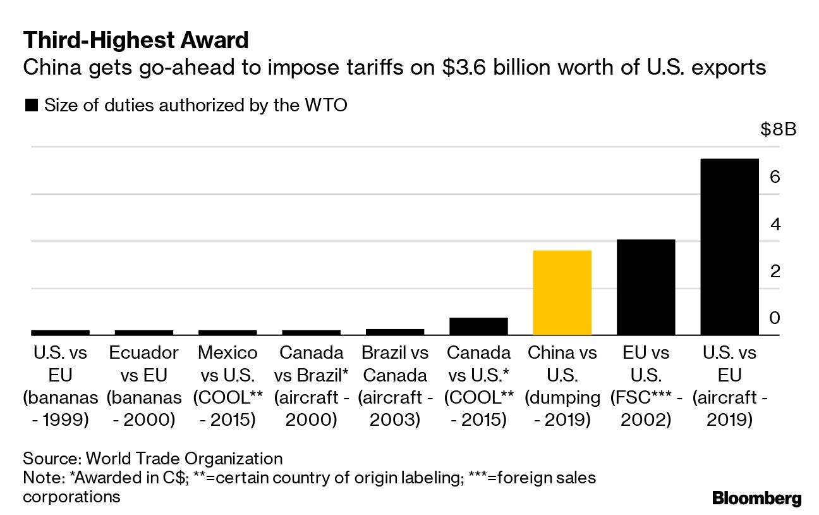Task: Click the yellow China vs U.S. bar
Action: [x=562, y=293]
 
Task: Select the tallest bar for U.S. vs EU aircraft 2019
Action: [x=730, y=247]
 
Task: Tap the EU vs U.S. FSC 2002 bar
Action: [x=646, y=287]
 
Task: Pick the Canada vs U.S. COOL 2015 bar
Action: [x=478, y=326]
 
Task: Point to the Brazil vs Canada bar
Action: [x=395, y=332]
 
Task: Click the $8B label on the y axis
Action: [x=779, y=130]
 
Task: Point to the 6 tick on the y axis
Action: [x=775, y=177]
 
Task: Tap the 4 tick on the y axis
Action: [x=775, y=224]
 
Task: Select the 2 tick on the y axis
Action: [x=775, y=271]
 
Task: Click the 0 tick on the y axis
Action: [x=775, y=318]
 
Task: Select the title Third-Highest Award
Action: [x=136, y=41]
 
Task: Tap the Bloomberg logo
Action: [x=756, y=498]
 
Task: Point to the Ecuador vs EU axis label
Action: [x=143, y=385]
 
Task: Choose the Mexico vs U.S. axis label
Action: [x=227, y=385]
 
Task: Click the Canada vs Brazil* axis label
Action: [x=311, y=385]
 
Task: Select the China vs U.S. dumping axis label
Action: [x=562, y=385]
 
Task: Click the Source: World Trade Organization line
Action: [x=152, y=459]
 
